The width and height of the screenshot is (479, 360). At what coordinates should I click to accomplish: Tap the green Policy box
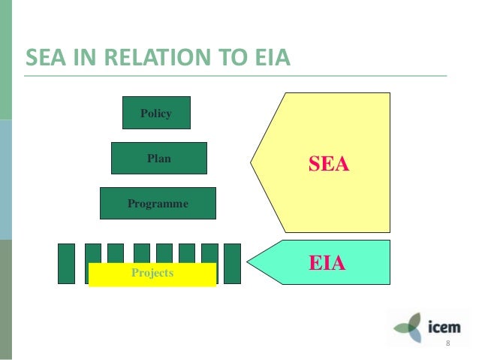[x=156, y=113]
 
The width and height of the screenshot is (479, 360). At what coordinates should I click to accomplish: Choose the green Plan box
[x=158, y=158]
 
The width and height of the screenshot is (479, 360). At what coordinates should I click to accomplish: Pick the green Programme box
[x=158, y=203]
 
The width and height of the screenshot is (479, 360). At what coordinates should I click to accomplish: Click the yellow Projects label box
[x=152, y=274]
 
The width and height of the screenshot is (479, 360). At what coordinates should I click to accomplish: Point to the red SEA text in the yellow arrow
[x=330, y=163]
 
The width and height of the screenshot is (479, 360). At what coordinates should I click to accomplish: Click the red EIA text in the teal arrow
[x=327, y=263]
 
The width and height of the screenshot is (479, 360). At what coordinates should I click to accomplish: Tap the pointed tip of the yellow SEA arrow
[x=252, y=162]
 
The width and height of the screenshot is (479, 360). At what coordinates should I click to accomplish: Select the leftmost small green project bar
[x=67, y=263]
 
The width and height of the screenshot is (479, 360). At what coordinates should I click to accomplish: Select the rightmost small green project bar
[x=232, y=263]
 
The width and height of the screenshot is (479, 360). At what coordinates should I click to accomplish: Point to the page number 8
[x=447, y=343]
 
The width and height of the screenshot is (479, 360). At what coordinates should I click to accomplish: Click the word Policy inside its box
[x=156, y=113]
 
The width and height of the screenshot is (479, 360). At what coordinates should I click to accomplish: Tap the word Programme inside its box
[x=158, y=203]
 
